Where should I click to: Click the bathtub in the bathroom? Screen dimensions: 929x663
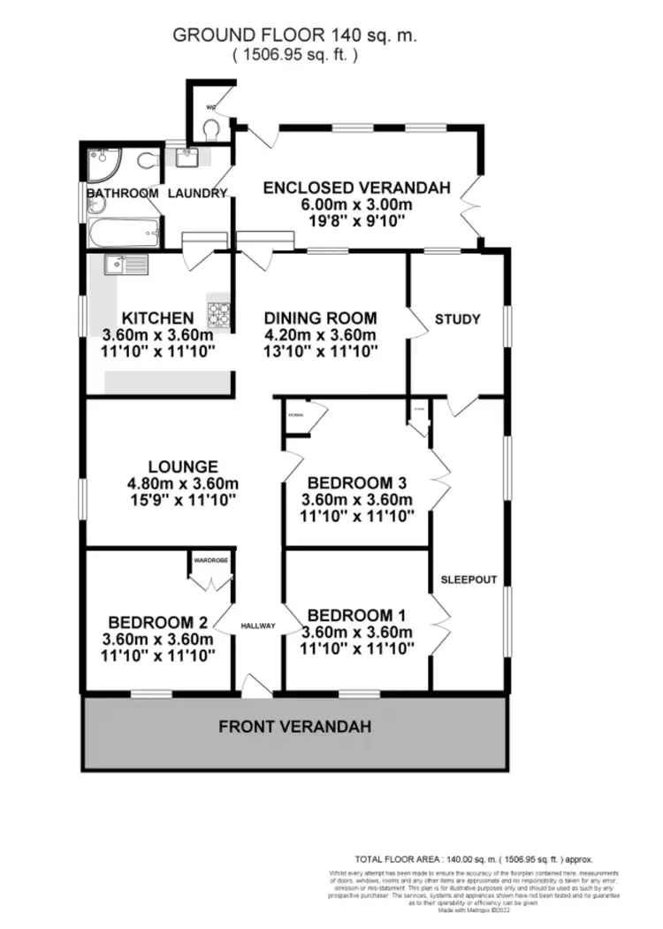tap(124, 234)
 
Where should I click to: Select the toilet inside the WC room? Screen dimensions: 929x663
tap(210, 130)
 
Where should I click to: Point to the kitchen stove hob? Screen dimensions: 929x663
tap(218, 313)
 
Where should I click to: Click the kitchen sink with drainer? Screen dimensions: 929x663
tap(116, 264)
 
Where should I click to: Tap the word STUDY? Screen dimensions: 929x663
tap(458, 319)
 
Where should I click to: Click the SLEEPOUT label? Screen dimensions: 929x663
tap(469, 580)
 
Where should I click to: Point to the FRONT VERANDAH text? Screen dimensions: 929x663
tap(294, 727)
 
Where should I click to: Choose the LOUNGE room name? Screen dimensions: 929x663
tap(183, 466)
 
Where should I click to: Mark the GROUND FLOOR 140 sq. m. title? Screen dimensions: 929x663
tap(294, 35)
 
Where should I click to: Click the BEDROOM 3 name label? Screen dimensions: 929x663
tap(356, 483)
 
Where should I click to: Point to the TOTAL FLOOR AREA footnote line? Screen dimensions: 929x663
tap(473, 859)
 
